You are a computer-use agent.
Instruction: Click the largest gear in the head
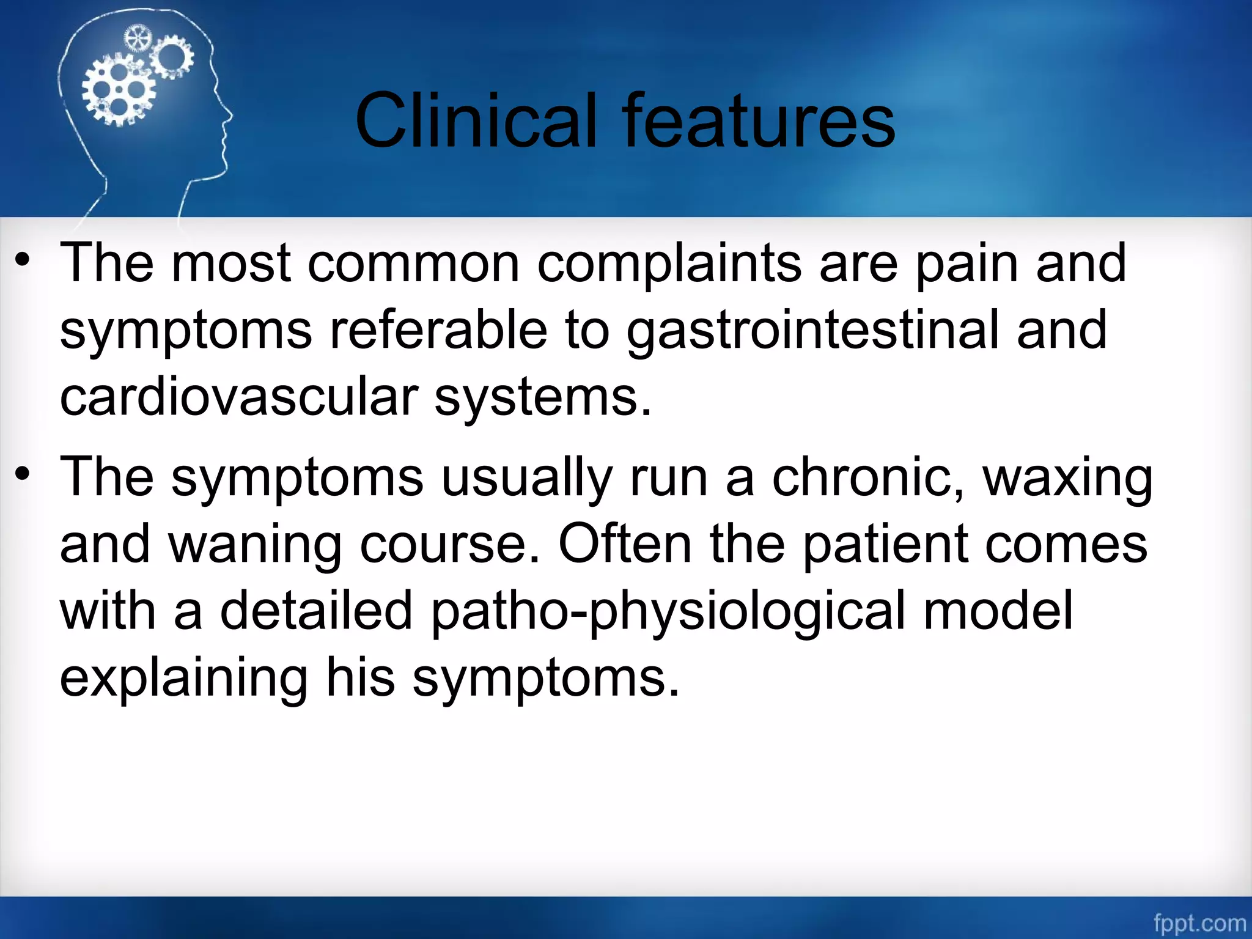coord(118,90)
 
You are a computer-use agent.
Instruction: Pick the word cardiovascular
coord(238,397)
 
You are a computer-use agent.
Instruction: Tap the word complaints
coord(669,264)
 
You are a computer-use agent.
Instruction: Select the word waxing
coord(1067,478)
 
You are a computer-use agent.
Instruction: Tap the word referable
coord(438,330)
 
